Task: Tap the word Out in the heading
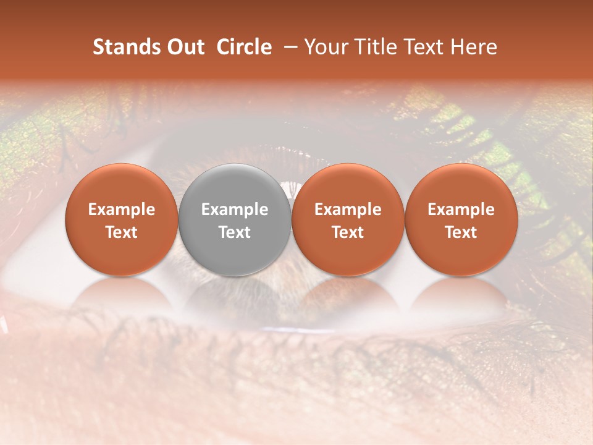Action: coord(183,48)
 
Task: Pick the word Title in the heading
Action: coord(375,48)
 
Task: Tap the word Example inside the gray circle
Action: coord(235,210)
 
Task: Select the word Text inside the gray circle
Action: coord(235,232)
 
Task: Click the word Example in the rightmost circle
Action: coord(461,210)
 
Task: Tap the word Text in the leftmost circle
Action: coord(122,232)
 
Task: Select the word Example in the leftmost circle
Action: coord(122,210)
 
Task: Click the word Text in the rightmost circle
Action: coord(461,232)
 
